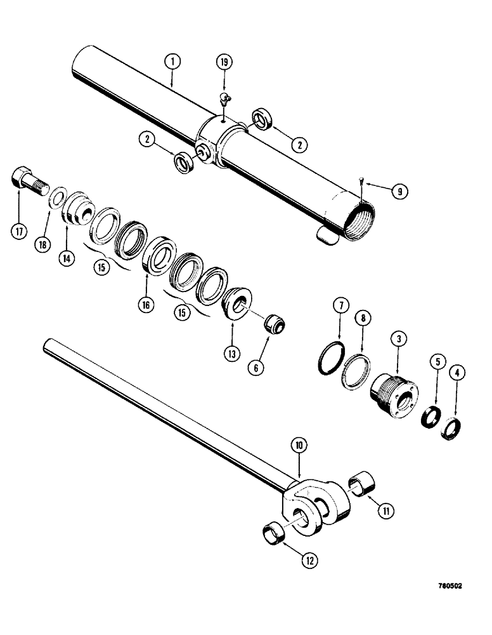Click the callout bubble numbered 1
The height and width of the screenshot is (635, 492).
[172, 62]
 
